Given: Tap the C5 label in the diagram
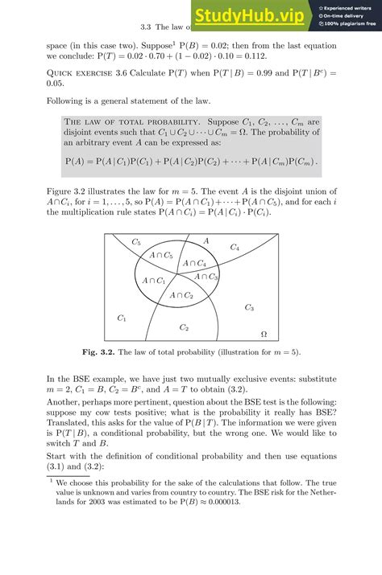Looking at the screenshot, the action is click(136, 242).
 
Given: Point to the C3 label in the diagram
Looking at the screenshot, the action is click(249, 308).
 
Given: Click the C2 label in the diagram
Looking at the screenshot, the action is click(184, 327).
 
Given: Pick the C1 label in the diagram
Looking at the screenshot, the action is click(122, 318).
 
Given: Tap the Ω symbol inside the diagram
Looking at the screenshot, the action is click(264, 333).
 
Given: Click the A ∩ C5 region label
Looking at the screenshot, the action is click(161, 256).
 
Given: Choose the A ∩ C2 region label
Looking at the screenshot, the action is click(181, 296).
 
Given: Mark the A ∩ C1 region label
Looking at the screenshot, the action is click(153, 281).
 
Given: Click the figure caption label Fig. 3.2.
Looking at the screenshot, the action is click(95, 352).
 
